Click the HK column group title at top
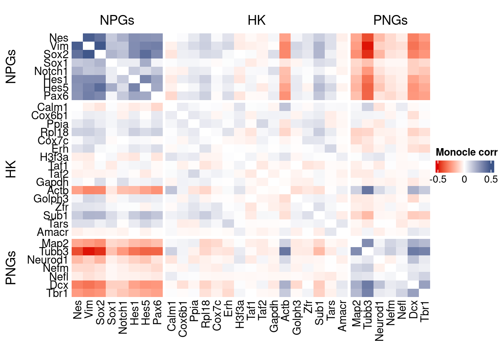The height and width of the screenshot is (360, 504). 256,20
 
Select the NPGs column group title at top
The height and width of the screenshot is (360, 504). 117,20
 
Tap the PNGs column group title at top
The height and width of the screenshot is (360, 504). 390,20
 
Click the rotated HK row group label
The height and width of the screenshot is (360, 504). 11,169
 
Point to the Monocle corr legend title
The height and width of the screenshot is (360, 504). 466,152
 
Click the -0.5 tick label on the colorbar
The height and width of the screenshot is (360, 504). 438,179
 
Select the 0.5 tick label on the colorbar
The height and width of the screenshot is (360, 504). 490,179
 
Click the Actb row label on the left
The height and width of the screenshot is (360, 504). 58,190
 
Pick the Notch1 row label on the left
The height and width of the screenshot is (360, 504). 51,71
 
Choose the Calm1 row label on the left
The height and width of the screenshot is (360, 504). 52,107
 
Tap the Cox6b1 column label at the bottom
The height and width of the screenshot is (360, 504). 183,319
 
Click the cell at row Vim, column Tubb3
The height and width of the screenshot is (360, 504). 367,46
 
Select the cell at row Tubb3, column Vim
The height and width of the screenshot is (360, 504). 88,251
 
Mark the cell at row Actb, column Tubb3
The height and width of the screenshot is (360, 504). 367,190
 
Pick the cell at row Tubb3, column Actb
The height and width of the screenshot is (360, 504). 285,251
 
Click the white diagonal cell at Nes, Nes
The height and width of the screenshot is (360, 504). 77,38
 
